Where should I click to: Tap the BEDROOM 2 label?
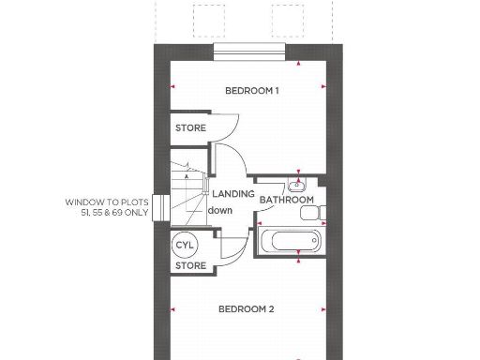[x=246, y=308]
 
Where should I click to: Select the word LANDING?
[x=232, y=194]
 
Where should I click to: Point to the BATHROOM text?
[x=286, y=200]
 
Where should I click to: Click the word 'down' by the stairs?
[x=219, y=210]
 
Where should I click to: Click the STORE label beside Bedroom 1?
[x=190, y=128]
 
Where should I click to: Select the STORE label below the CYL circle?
[x=190, y=265]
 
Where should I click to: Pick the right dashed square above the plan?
[x=289, y=18]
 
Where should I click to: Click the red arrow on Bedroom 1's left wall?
[x=172, y=86]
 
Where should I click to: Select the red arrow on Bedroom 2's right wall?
[x=324, y=308]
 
